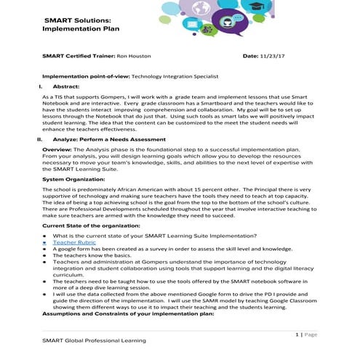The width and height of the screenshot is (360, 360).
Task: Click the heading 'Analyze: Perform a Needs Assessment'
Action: pos(105,139)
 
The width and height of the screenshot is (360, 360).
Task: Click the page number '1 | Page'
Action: pos(308,334)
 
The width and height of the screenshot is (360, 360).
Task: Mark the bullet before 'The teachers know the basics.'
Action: pos(44,256)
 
